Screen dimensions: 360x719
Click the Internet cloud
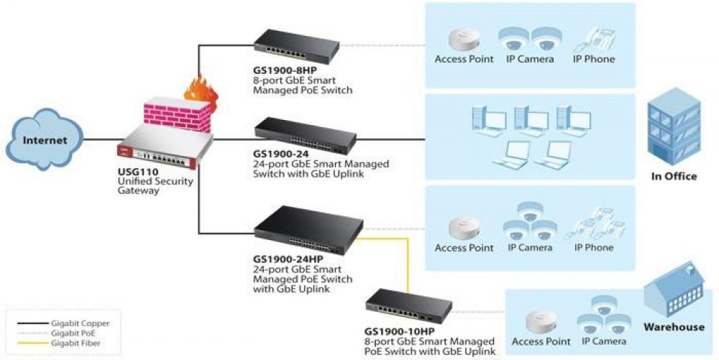tap(45, 139)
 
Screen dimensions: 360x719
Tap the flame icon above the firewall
tap(196, 91)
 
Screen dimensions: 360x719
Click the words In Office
tap(674, 176)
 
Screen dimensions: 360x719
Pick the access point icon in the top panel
tap(461, 38)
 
